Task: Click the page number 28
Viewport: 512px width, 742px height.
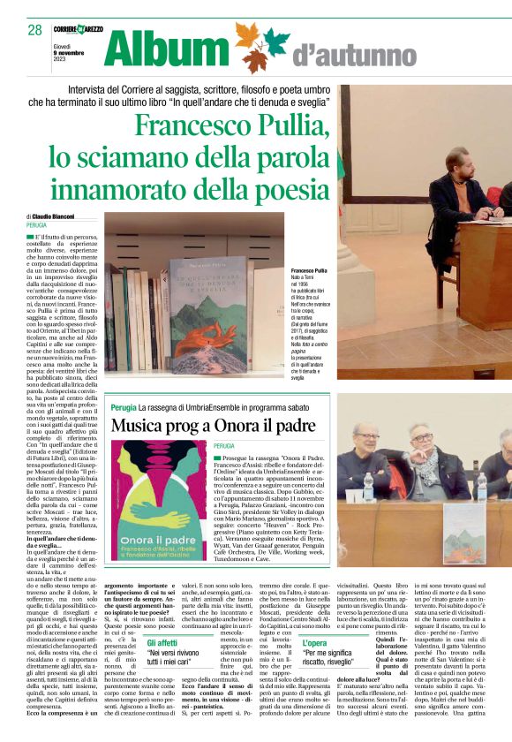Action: (34, 30)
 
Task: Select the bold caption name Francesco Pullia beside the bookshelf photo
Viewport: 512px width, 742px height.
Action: (309, 269)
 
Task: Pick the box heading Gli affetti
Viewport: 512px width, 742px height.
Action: (165, 644)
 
